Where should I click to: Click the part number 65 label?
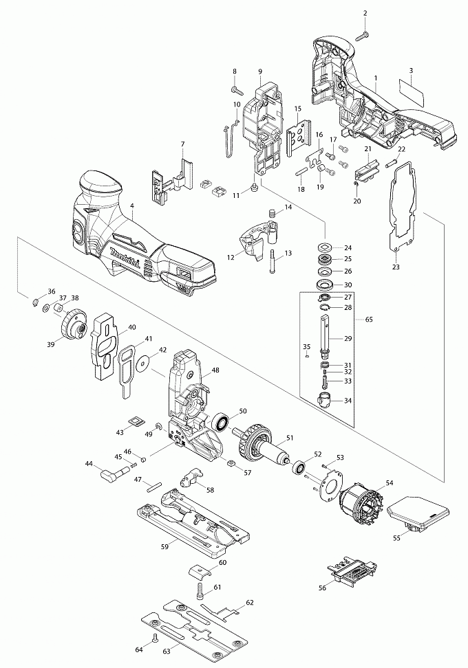369,320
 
